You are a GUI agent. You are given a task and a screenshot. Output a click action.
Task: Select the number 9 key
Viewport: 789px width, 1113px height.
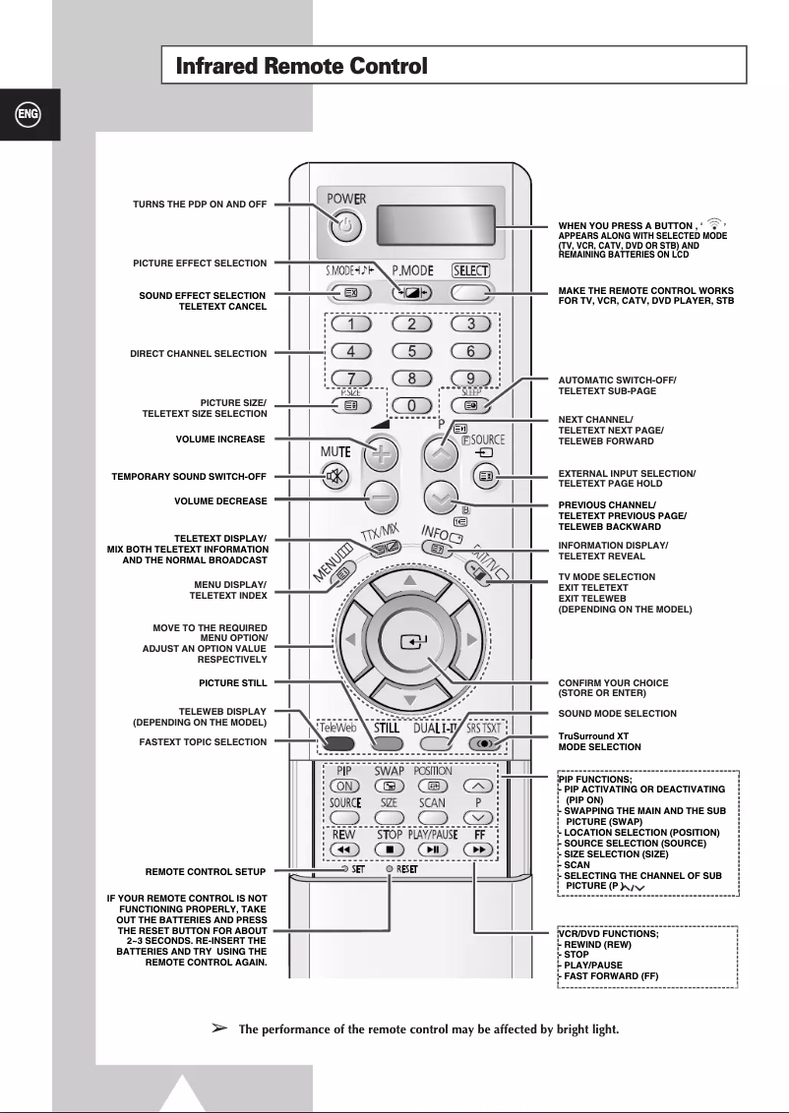470,378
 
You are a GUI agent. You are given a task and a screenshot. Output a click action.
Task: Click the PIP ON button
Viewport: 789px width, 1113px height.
345,786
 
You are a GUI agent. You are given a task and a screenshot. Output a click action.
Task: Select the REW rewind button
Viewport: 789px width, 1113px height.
345,848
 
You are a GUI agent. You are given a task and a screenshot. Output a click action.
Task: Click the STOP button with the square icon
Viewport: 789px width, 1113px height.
391,848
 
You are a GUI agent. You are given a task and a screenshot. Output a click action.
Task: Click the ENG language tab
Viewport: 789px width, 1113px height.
29,114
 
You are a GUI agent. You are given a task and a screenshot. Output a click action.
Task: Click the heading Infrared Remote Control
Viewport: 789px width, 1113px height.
301,67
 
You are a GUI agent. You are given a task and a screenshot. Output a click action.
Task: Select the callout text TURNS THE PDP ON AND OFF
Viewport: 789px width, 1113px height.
200,204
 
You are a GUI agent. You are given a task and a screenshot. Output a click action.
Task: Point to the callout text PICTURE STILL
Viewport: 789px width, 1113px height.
232,681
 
